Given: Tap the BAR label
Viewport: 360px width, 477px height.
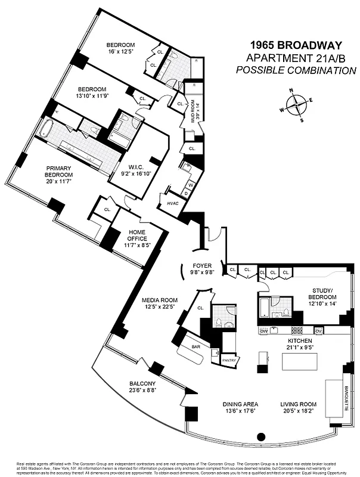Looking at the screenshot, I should coord(195,346).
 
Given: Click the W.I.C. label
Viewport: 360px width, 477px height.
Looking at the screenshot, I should coord(135,168).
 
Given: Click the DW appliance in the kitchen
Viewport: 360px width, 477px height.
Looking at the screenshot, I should coord(263,330).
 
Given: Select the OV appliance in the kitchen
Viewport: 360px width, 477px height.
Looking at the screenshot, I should coord(318,330).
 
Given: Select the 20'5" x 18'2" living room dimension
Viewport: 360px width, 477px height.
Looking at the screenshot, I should coord(299,412).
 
